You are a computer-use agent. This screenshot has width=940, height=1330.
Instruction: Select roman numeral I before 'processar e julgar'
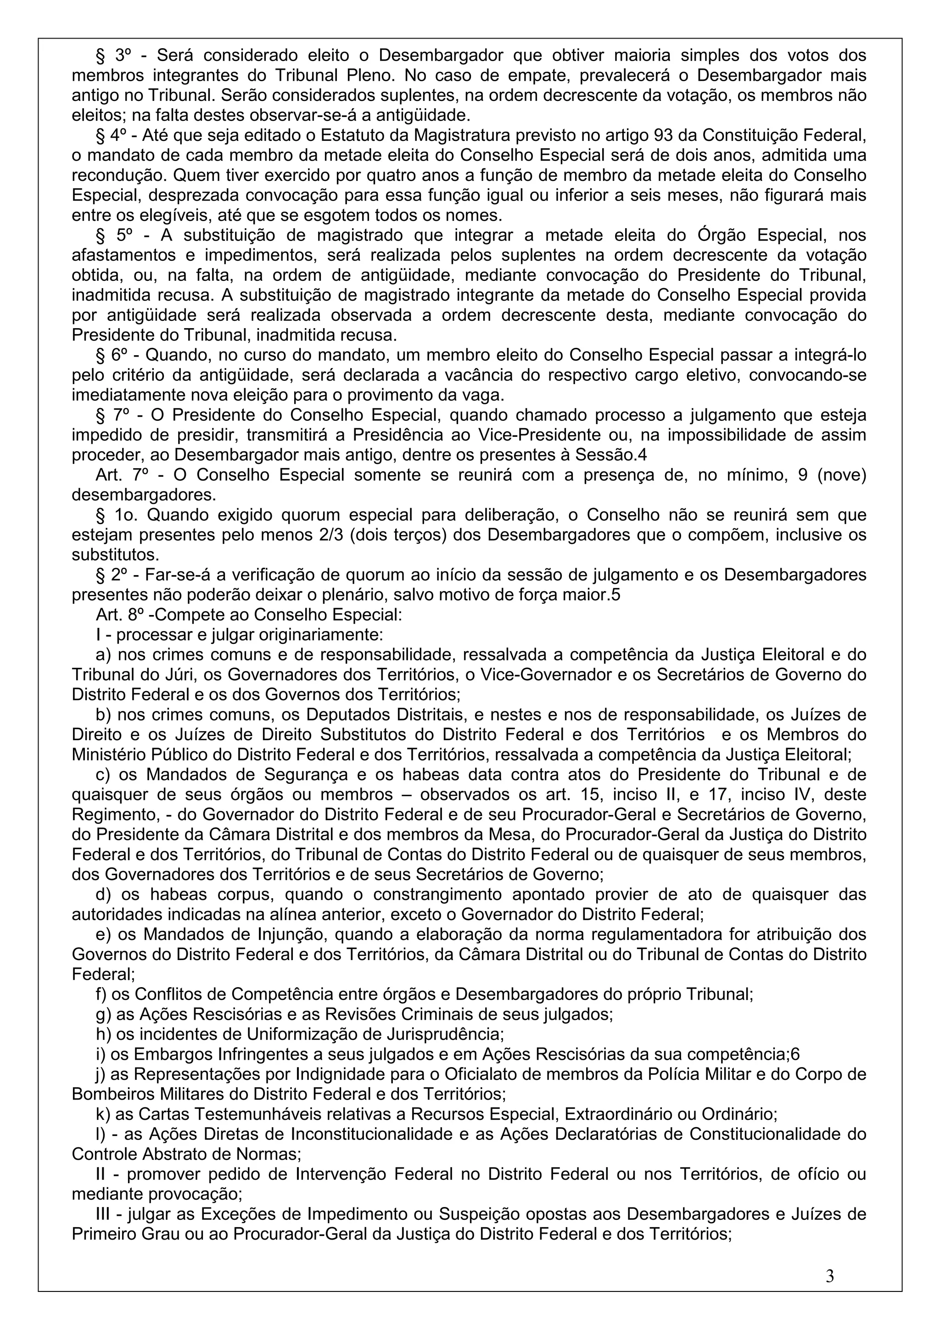pos(99,635)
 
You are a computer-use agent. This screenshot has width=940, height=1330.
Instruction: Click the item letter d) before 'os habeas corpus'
pos(104,894)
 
